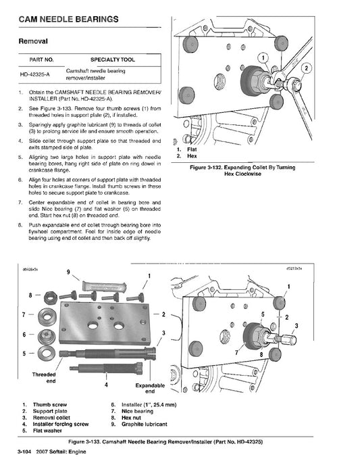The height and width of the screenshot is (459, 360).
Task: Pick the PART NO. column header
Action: click(x=33, y=59)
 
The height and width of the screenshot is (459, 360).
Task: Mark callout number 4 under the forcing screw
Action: click(x=105, y=385)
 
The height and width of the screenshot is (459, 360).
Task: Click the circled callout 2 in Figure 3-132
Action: click(x=307, y=68)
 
